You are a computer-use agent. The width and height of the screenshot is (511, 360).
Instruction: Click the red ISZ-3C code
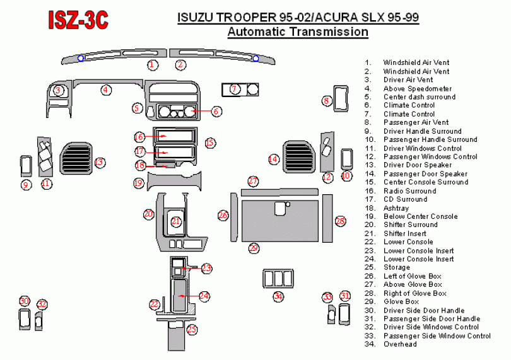(x=79, y=19)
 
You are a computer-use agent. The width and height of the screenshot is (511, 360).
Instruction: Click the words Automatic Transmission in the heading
(x=298, y=32)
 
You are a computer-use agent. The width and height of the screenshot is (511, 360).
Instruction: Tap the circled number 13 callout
(x=99, y=163)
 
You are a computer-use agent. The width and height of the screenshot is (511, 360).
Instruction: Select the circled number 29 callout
(x=254, y=248)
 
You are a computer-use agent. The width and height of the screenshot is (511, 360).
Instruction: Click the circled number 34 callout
(x=278, y=296)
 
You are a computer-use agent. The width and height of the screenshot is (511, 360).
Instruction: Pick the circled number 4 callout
(x=106, y=90)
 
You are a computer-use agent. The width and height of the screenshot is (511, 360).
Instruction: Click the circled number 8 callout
(x=327, y=100)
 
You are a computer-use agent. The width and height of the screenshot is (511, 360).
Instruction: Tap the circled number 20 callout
(x=148, y=214)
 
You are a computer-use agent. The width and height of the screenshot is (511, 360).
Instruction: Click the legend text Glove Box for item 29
(x=401, y=301)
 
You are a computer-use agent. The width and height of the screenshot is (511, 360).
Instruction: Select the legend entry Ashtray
(x=396, y=208)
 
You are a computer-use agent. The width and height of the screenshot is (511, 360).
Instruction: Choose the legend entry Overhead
(x=400, y=344)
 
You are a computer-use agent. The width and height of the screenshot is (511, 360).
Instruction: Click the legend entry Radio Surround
(x=409, y=190)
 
